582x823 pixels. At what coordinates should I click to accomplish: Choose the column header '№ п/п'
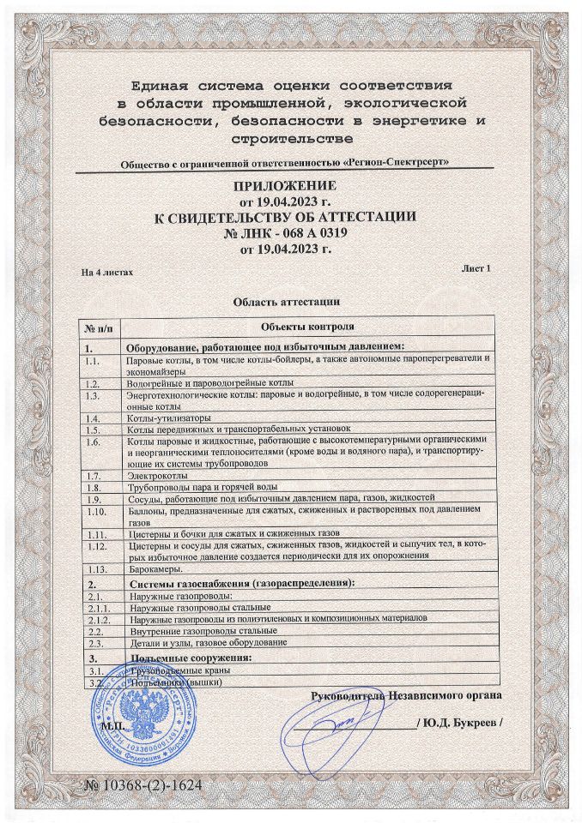point(99,327)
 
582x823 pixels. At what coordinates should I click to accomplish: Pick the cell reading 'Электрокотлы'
point(154,473)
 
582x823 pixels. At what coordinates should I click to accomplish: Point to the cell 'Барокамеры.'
point(153,568)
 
